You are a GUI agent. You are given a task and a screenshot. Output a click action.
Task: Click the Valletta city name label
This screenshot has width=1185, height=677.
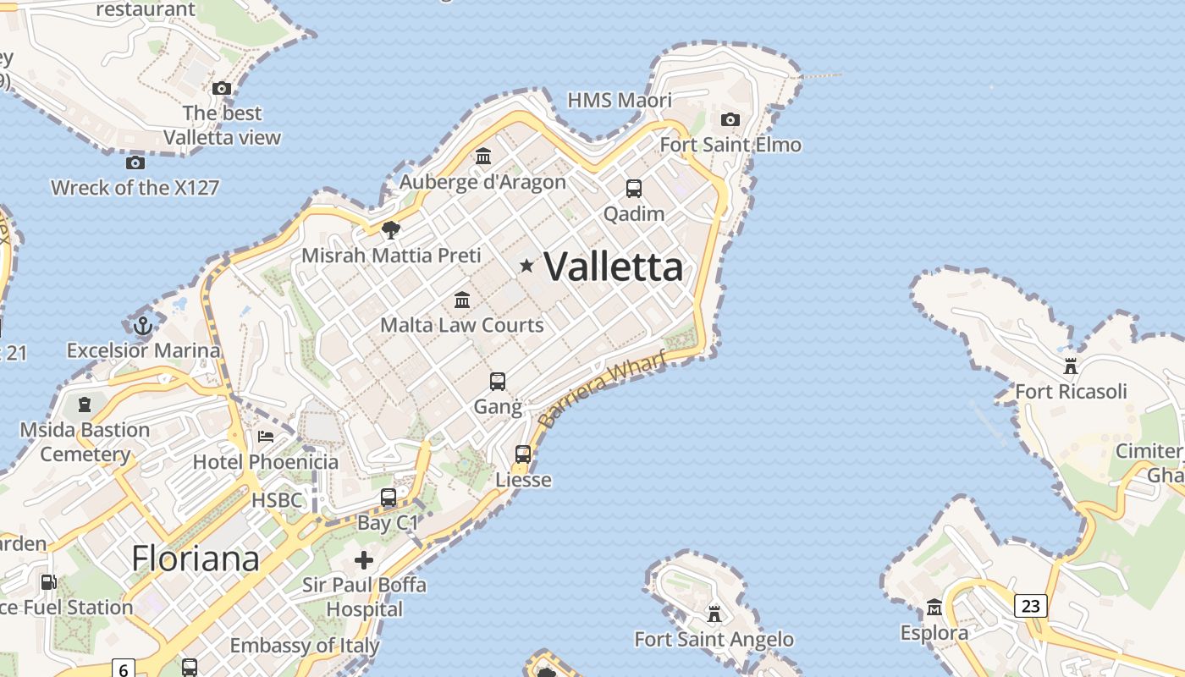[x=613, y=267]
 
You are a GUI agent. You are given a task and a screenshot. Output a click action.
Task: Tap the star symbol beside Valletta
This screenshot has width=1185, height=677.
[x=526, y=267]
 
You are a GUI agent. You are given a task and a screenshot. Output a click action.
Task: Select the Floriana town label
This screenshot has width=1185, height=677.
[x=195, y=559]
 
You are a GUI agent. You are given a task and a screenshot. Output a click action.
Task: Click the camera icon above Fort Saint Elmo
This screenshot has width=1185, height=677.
[x=730, y=120]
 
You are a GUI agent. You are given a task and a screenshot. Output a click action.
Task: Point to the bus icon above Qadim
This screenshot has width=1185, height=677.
[x=633, y=188]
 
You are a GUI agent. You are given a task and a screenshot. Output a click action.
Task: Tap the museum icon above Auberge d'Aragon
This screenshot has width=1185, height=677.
[x=483, y=157]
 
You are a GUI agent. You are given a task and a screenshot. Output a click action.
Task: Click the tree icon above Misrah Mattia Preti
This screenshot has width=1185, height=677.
[x=390, y=229]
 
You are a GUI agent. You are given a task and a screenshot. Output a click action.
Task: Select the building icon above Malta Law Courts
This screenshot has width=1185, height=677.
[x=462, y=300]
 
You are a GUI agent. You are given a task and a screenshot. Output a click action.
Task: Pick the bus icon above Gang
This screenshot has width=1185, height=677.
[x=498, y=382]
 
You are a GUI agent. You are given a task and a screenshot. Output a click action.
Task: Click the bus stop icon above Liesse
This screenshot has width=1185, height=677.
[x=523, y=454]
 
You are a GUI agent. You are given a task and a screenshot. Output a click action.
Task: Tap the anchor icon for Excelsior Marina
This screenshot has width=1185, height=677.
[x=143, y=325]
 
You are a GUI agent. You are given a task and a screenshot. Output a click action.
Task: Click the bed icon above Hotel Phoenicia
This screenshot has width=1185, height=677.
[x=266, y=437]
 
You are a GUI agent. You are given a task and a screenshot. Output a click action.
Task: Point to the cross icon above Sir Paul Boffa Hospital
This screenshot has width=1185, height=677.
[x=364, y=560]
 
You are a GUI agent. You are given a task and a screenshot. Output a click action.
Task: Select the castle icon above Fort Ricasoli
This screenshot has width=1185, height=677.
[x=1071, y=366]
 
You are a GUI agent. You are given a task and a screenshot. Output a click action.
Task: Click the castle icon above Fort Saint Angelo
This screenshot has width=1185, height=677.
[x=714, y=613]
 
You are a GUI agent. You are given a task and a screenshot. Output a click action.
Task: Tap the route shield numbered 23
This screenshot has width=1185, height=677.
[x=1030, y=606]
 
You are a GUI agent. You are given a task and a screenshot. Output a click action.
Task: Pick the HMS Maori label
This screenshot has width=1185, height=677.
[x=620, y=101]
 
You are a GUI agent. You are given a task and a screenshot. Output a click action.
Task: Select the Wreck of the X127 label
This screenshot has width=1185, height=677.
[x=135, y=188]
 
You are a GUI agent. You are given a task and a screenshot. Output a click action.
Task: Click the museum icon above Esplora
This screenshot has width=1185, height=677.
[x=934, y=608]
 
